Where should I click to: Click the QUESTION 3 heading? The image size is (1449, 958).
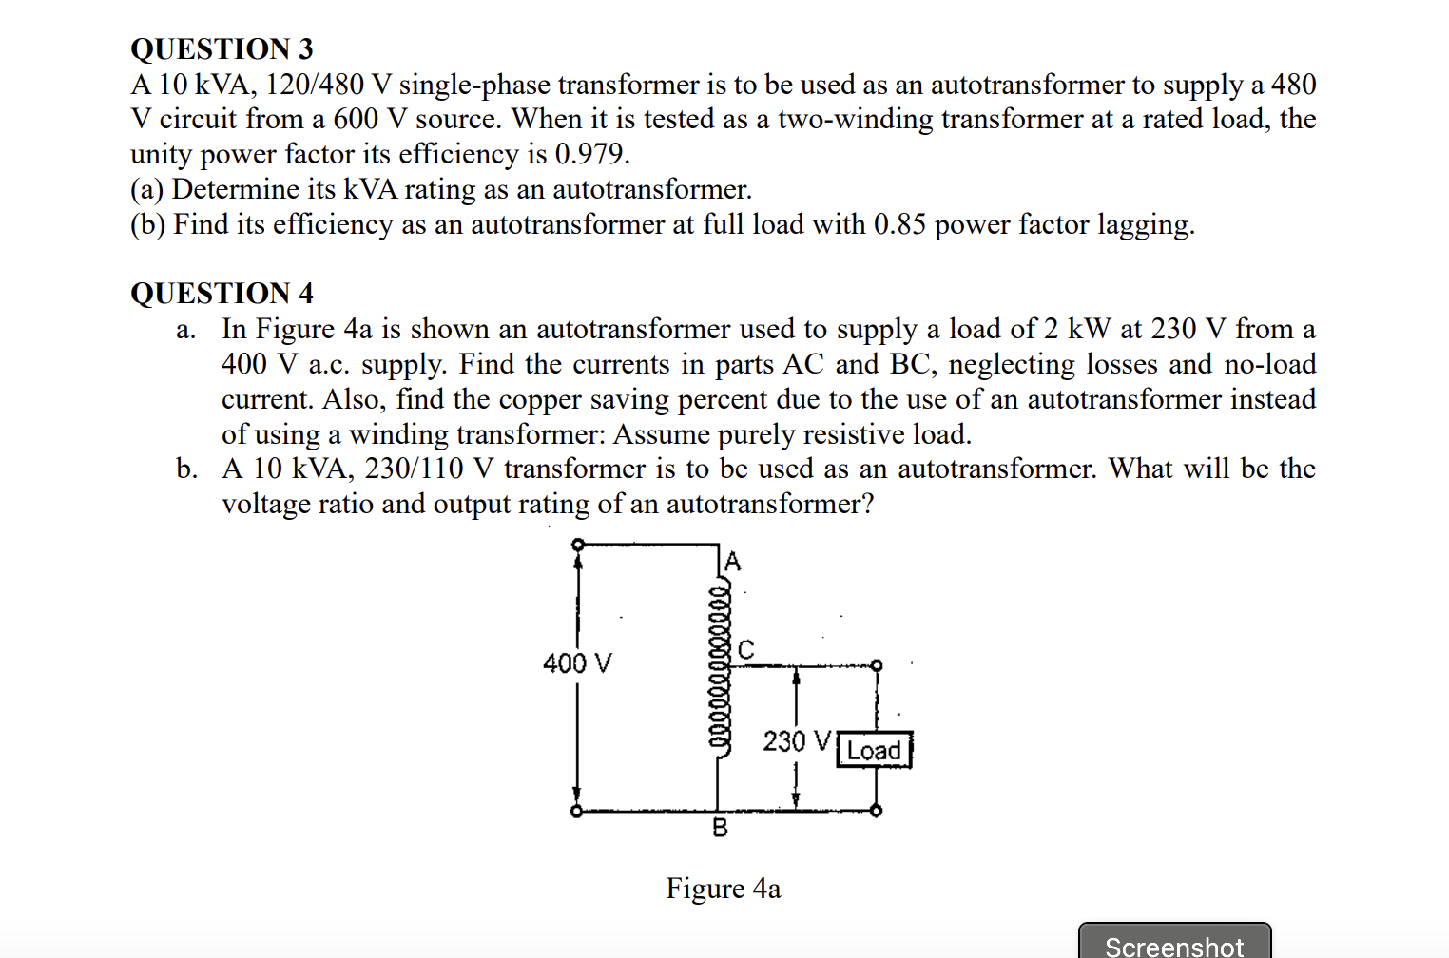pyautogui.click(x=222, y=48)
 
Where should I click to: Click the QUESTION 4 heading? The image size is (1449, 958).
pyautogui.click(x=222, y=293)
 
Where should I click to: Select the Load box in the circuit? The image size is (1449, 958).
pyautogui.click(x=874, y=750)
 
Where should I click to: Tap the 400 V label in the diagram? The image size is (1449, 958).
pyautogui.click(x=577, y=662)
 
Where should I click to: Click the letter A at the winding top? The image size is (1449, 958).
pyautogui.click(x=732, y=561)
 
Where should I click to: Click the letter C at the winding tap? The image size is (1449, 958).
pyautogui.click(x=746, y=650)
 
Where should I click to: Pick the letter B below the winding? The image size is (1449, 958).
pyautogui.click(x=720, y=828)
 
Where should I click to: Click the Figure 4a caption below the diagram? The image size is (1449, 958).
pyautogui.click(x=723, y=889)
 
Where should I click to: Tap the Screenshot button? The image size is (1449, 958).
pyautogui.click(x=1174, y=944)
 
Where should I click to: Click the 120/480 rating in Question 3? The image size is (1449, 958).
pyautogui.click(x=315, y=85)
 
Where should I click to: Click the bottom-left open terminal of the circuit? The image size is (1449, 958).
pyautogui.click(x=575, y=812)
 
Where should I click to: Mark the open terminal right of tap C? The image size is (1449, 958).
pyautogui.click(x=877, y=665)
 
